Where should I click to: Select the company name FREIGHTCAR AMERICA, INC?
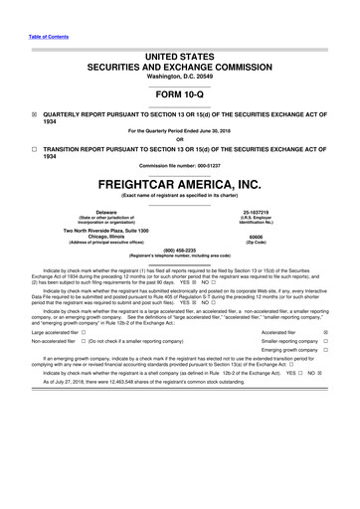(180, 185)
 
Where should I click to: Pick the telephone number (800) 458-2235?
(180, 249)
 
